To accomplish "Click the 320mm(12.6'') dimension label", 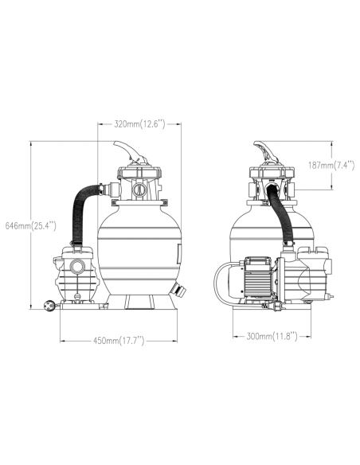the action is point(139,124).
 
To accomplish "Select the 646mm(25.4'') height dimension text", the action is point(31,225).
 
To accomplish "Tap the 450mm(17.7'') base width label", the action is point(119,341).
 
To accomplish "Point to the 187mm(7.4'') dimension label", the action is point(331,165).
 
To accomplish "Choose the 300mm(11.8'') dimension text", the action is point(272,336).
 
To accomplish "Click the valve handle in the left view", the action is point(131,152).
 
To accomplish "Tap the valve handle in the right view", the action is point(265,152).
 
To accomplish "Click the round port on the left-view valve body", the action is point(139,190).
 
